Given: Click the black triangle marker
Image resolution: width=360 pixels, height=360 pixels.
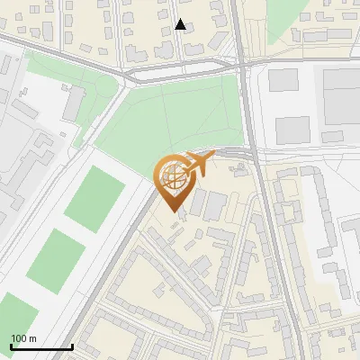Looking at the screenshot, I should (x=181, y=25).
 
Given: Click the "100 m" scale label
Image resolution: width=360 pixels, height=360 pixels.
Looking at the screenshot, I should (x=23, y=338).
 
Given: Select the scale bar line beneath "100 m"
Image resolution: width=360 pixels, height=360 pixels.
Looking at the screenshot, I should (x=41, y=347).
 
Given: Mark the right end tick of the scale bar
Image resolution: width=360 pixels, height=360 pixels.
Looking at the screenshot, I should (x=72, y=346).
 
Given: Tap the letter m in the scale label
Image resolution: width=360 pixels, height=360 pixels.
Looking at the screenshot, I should (x=32, y=338).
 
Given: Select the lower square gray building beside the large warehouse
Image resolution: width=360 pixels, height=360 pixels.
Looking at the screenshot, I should (x=291, y=130).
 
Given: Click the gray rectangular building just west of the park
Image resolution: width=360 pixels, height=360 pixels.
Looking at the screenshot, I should (x=75, y=103).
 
